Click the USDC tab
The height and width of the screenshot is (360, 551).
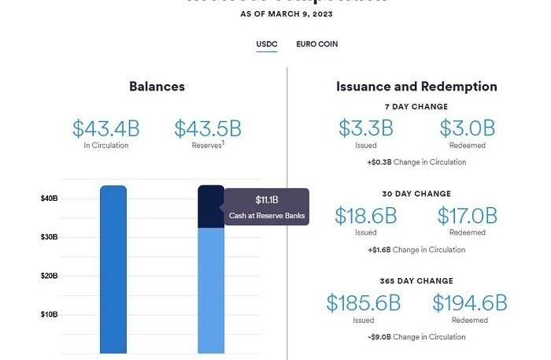pyautogui.click(x=267, y=44)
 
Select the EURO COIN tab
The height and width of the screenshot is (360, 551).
pyautogui.click(x=316, y=44)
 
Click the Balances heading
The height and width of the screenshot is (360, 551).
pyautogui.click(x=157, y=87)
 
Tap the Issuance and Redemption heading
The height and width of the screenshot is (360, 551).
pyautogui.click(x=416, y=87)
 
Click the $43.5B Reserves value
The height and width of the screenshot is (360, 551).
pyautogui.click(x=208, y=128)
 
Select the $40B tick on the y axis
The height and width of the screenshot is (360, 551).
pyautogui.click(x=49, y=199)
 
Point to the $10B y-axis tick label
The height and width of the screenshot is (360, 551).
pyautogui.click(x=49, y=315)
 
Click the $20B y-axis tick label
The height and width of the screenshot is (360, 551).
pyautogui.click(x=49, y=276)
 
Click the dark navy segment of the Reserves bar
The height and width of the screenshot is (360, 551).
pyautogui.click(x=210, y=207)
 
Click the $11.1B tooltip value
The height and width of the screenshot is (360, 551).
pyautogui.click(x=267, y=200)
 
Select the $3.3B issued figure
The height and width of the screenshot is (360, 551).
pyautogui.click(x=365, y=128)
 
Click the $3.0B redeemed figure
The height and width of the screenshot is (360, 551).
pyautogui.click(x=467, y=128)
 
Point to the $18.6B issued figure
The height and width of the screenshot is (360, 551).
pyautogui.click(x=365, y=215)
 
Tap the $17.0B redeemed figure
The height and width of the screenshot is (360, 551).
pyautogui.click(x=467, y=215)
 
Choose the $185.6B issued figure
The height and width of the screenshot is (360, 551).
pyautogui.click(x=364, y=302)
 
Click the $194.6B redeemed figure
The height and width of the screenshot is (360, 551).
pyautogui.click(x=469, y=302)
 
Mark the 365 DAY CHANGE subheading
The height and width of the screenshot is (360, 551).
pyautogui.click(x=416, y=281)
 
